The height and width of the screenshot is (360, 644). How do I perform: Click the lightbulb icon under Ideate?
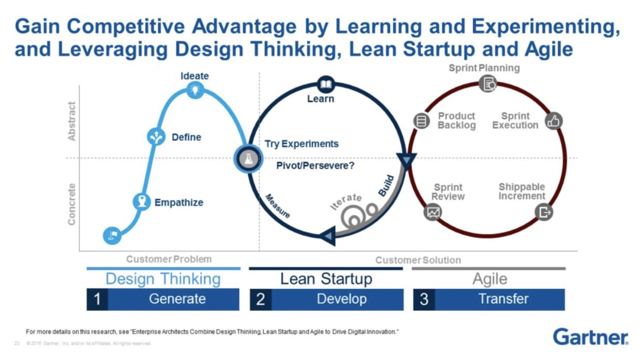[196, 90]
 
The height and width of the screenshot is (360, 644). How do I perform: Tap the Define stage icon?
[156, 136]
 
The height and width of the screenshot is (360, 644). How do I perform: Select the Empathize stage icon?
[142, 202]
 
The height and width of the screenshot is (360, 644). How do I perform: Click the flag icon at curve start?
[113, 235]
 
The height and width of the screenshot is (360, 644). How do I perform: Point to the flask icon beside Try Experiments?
[246, 158]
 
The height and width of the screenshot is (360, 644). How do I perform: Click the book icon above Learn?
[326, 84]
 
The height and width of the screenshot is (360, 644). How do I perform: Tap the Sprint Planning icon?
[487, 83]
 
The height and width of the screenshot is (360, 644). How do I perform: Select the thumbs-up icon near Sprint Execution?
[553, 121]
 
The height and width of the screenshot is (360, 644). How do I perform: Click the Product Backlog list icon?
[421, 121]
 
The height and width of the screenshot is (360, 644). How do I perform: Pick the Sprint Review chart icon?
[433, 212]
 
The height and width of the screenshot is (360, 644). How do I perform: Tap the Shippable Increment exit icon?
[544, 212]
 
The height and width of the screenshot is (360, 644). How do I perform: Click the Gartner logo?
[590, 337]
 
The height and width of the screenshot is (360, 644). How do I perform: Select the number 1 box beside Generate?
[97, 300]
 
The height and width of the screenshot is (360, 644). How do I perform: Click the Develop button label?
[341, 300]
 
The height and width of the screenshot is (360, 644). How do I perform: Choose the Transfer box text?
[503, 300]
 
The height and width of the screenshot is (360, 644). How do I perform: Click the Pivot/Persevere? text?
[316, 166]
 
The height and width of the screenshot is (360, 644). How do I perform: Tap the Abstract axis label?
[72, 121]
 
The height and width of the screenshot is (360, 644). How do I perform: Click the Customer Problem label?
[169, 259]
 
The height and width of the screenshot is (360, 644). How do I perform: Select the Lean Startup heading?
[326, 279]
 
